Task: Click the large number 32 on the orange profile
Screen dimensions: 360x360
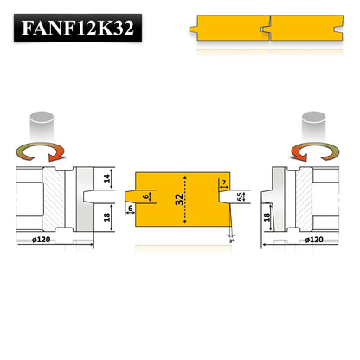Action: pyautogui.click(x=179, y=199)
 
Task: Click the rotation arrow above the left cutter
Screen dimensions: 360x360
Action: pyautogui.click(x=42, y=152)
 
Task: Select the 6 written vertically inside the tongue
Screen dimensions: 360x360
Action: pyautogui.click(x=145, y=196)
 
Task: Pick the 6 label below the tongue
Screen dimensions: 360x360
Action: pyautogui.click(x=130, y=209)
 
